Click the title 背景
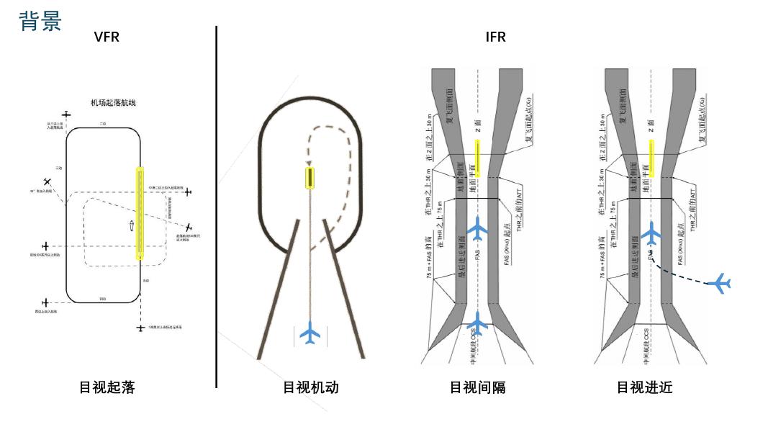click(x=40, y=20)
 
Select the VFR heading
click(x=107, y=37)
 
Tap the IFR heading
click(x=496, y=37)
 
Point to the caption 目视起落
click(x=107, y=387)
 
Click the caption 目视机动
click(x=310, y=387)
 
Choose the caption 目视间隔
click(x=477, y=387)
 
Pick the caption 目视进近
click(x=644, y=387)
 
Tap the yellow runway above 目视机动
click(x=310, y=177)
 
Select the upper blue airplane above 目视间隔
click(x=477, y=229)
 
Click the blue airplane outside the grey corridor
click(x=720, y=283)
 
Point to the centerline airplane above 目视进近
click(x=651, y=232)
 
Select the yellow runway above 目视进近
click(x=651, y=158)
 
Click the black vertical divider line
click(x=217, y=209)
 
